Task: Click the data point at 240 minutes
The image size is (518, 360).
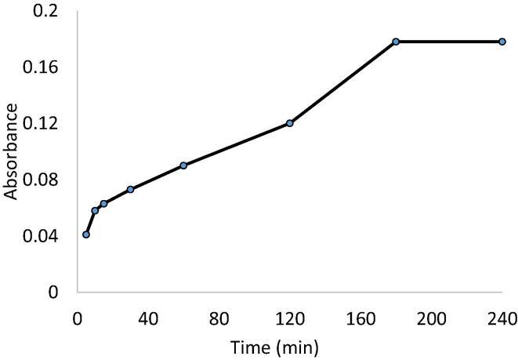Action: click(502, 42)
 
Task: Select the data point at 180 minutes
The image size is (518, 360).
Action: click(396, 42)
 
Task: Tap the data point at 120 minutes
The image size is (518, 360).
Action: click(290, 123)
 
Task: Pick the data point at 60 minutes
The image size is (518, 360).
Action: click(183, 165)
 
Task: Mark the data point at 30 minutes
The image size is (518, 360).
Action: click(130, 189)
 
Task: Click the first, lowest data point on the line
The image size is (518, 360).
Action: click(86, 235)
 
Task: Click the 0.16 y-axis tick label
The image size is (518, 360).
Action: click(44, 67)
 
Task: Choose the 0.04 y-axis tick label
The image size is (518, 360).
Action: click(44, 236)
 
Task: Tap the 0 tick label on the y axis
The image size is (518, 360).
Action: click(53, 293)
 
